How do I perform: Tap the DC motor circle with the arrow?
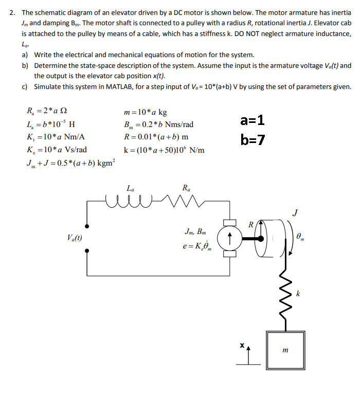coord(227,238)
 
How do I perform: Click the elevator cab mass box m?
coord(285,349)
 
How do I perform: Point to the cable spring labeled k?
coord(281,297)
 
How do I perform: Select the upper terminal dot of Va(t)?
coord(87,226)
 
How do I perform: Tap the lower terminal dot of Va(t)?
coord(87,251)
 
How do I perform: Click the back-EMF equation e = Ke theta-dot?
coord(196,246)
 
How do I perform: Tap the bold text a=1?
coord(253,121)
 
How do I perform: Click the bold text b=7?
coord(253,139)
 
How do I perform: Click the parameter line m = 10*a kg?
coord(146,112)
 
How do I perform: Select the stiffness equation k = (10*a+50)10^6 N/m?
coord(164,150)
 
